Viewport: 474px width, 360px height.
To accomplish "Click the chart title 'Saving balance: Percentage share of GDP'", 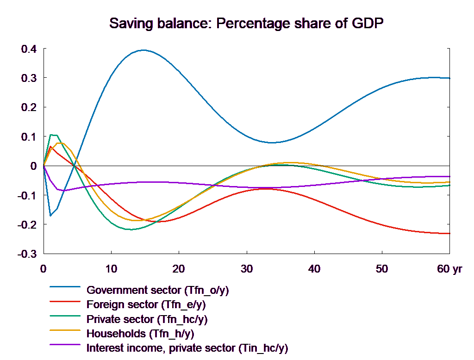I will [x=248, y=24].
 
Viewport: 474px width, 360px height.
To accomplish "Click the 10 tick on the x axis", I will [x=111, y=269].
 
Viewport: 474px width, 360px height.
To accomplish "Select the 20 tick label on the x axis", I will [x=179, y=269].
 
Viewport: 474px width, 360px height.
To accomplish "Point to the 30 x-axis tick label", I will [x=246, y=269].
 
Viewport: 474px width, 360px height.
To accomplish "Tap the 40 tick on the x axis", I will [x=314, y=269].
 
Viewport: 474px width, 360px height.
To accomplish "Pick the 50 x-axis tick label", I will [x=382, y=269].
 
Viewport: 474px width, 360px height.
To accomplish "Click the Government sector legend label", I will [x=158, y=291].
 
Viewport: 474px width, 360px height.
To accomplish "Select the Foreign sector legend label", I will [x=146, y=305].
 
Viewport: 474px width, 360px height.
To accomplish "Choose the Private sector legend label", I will [x=147, y=319].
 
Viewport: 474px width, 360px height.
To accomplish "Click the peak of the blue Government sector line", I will [x=143, y=50].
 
